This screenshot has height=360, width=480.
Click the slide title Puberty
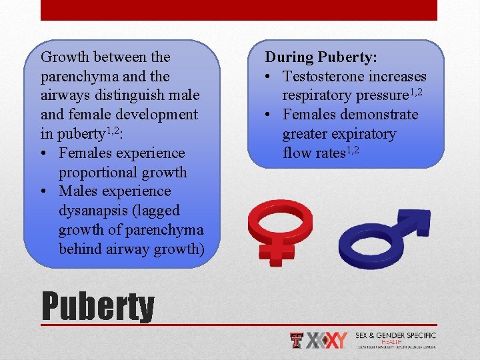[x=97, y=306]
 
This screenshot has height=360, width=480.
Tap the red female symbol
[x=279, y=227]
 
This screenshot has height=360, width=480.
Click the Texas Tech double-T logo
[x=297, y=340]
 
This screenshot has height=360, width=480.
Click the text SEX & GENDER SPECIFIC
[x=395, y=335]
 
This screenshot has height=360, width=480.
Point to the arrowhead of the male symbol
[x=418, y=222]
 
